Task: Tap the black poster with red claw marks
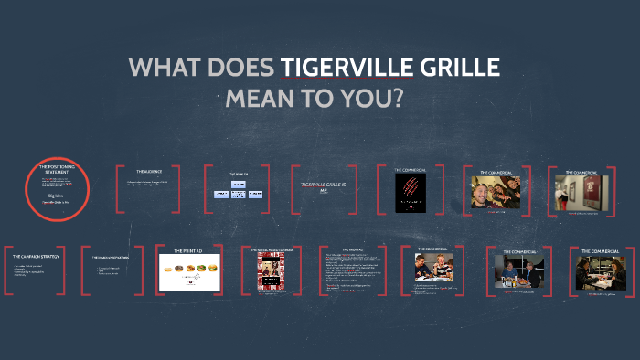click(410, 193)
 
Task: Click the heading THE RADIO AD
click(351, 249)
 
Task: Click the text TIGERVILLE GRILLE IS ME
click(325, 186)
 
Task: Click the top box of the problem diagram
click(239, 185)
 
